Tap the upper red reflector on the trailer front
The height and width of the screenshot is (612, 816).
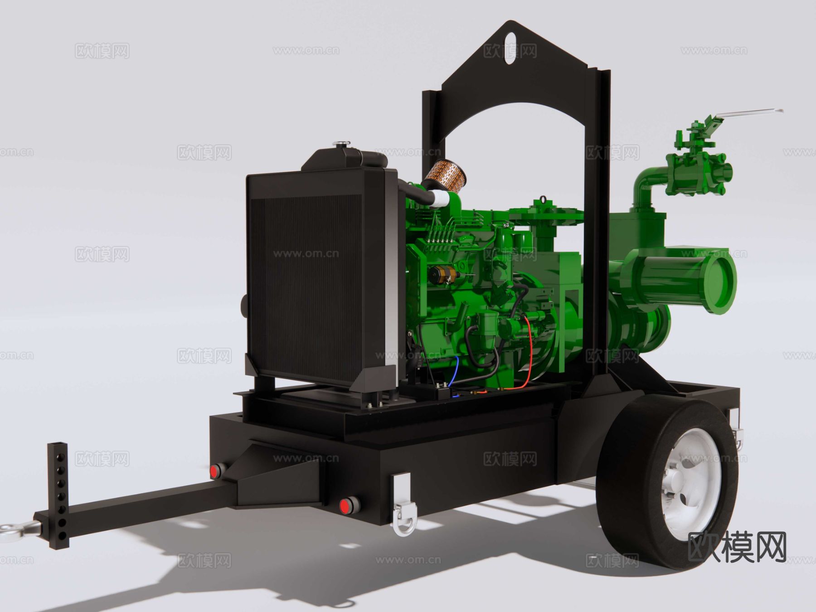(217, 471)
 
